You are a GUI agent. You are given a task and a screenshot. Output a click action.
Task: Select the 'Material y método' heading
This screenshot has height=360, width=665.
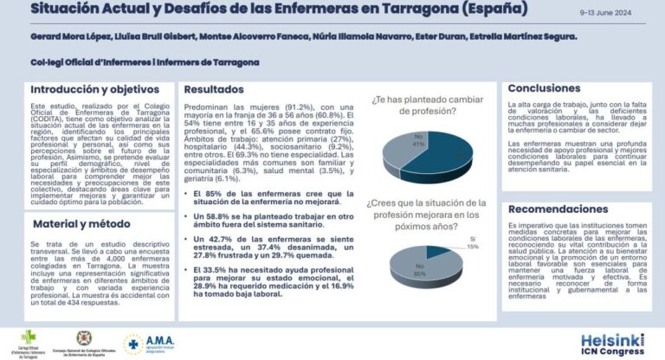click(x=75, y=223)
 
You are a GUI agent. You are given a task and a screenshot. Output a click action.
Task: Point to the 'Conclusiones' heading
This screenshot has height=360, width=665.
click(x=550, y=88)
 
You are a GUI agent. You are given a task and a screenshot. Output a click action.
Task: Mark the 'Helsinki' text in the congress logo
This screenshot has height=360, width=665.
click(x=610, y=339)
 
